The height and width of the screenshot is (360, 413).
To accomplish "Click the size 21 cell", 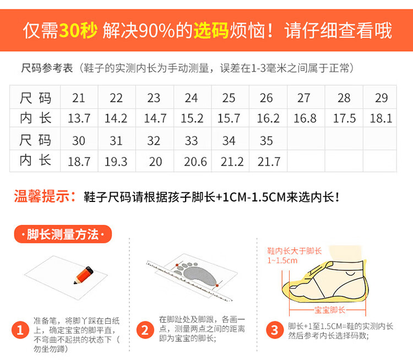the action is point(79,98).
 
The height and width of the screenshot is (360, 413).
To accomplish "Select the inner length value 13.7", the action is point(79,118).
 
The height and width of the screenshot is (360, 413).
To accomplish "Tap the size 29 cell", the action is point(382,98).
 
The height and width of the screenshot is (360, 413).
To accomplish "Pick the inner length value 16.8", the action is point(305,118).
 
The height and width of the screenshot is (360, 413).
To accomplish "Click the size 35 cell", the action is point(267,140).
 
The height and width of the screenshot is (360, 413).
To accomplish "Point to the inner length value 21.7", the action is point(269,161).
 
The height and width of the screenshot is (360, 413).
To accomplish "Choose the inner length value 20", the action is point(155,161).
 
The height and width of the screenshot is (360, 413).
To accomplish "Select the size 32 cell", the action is point(154,140).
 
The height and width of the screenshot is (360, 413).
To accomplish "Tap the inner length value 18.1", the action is point(381,118).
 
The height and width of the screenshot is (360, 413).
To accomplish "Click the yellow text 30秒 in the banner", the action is point(78,30).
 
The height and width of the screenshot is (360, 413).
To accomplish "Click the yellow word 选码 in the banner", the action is point(211,30).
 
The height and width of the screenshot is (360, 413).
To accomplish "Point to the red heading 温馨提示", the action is point(42,196).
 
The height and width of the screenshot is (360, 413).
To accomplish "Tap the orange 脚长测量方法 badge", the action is point(63,234).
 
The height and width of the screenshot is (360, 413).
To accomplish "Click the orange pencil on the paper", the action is point(84,275).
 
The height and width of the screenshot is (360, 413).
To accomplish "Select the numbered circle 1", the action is point(20,330).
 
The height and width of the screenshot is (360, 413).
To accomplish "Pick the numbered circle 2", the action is point(145,330).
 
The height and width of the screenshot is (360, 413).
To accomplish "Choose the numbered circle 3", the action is point(275,330).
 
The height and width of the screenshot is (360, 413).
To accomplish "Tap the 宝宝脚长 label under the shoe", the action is point(329,310).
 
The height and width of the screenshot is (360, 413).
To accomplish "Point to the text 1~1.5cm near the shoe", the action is point(282,260).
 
